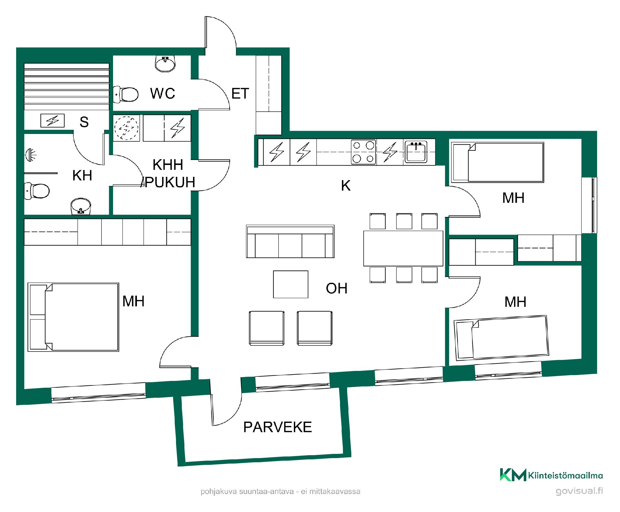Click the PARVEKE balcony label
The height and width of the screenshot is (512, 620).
pyautogui.click(x=277, y=427)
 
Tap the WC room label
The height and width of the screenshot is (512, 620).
pyautogui.click(x=163, y=93)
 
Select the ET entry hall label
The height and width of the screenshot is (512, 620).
pyautogui.click(x=240, y=94)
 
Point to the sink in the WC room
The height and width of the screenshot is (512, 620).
pyautogui.click(x=166, y=63)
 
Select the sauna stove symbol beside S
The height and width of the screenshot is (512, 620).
pyautogui.click(x=52, y=121)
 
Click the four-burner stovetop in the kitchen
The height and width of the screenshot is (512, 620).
pyautogui.click(x=364, y=152)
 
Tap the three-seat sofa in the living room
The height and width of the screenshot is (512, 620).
pyautogui.click(x=290, y=241)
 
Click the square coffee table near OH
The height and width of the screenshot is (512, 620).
pyautogui.click(x=291, y=284)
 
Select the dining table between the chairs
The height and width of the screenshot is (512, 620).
pyautogui.click(x=403, y=248)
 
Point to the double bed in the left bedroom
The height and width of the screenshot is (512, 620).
pyautogui.click(x=73, y=317)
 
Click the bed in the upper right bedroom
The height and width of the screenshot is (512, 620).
pyautogui.click(x=497, y=162)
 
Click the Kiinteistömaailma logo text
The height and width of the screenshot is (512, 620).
pyautogui.click(x=565, y=476)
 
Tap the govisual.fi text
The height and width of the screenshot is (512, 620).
pyautogui.click(x=579, y=491)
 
